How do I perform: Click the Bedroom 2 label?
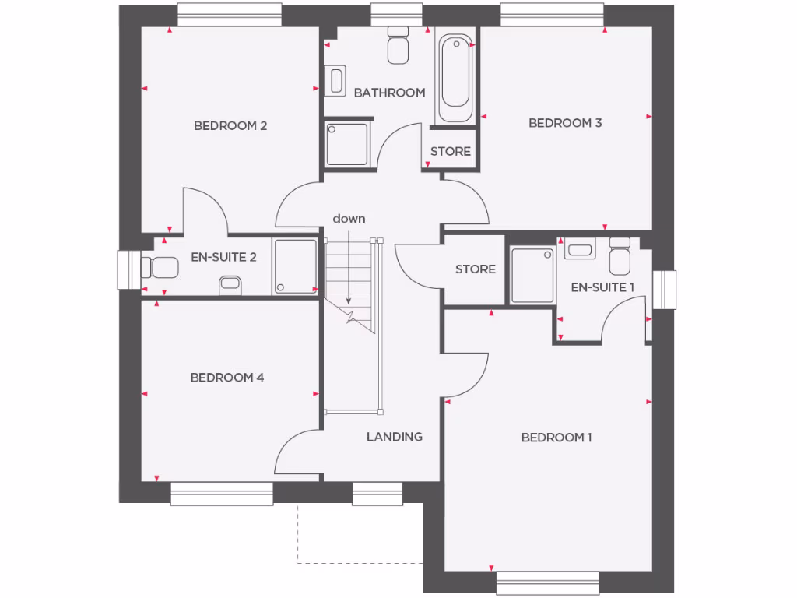click(230, 125)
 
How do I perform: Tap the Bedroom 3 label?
click(565, 123)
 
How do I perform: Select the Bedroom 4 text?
click(227, 378)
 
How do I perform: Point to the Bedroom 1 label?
click(556, 438)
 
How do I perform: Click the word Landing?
click(395, 437)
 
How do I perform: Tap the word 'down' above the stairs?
click(349, 219)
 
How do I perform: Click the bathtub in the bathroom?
click(455, 78)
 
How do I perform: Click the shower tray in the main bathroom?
click(346, 144)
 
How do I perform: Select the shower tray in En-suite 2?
click(295, 266)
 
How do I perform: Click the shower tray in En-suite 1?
click(532, 275)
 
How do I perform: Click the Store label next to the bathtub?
click(451, 151)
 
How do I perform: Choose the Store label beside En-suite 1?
click(475, 269)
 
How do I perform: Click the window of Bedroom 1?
click(548, 582)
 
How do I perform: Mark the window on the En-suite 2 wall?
click(126, 269)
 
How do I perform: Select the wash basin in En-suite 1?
click(580, 251)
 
